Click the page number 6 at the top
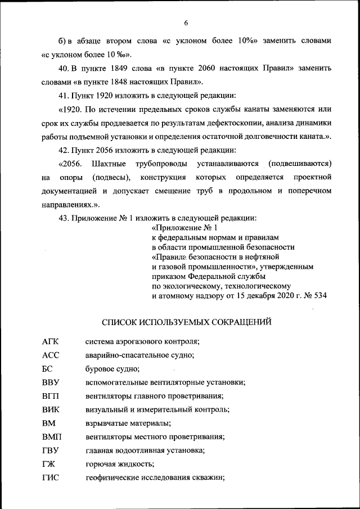[186, 22]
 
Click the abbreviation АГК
[50, 341]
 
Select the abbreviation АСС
[50, 355]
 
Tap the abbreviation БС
[47, 369]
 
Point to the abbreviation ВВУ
[50, 382]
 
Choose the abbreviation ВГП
[50, 396]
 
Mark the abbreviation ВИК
[50, 409]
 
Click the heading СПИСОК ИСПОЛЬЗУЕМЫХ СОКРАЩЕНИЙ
[186, 322]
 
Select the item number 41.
[63, 95]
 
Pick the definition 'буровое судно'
[112, 369]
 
